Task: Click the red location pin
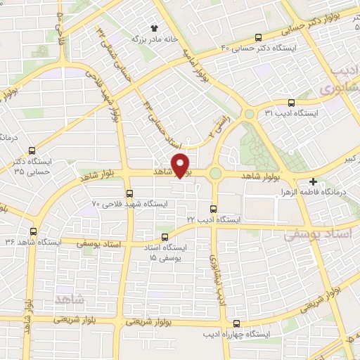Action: point(181,165)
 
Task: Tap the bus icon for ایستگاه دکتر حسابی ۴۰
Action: point(258,37)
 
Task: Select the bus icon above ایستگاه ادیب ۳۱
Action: point(290,101)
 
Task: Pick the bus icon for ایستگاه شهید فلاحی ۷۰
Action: point(129,193)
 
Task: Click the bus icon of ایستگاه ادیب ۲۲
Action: point(214,209)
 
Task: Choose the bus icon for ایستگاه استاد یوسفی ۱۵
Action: point(165,237)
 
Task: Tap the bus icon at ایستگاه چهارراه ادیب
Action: point(236,324)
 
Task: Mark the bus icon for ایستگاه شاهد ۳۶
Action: point(33,231)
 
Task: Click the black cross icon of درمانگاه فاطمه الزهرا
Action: point(313,181)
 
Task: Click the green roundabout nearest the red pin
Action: point(214,173)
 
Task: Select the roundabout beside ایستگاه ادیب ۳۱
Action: point(248,114)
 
